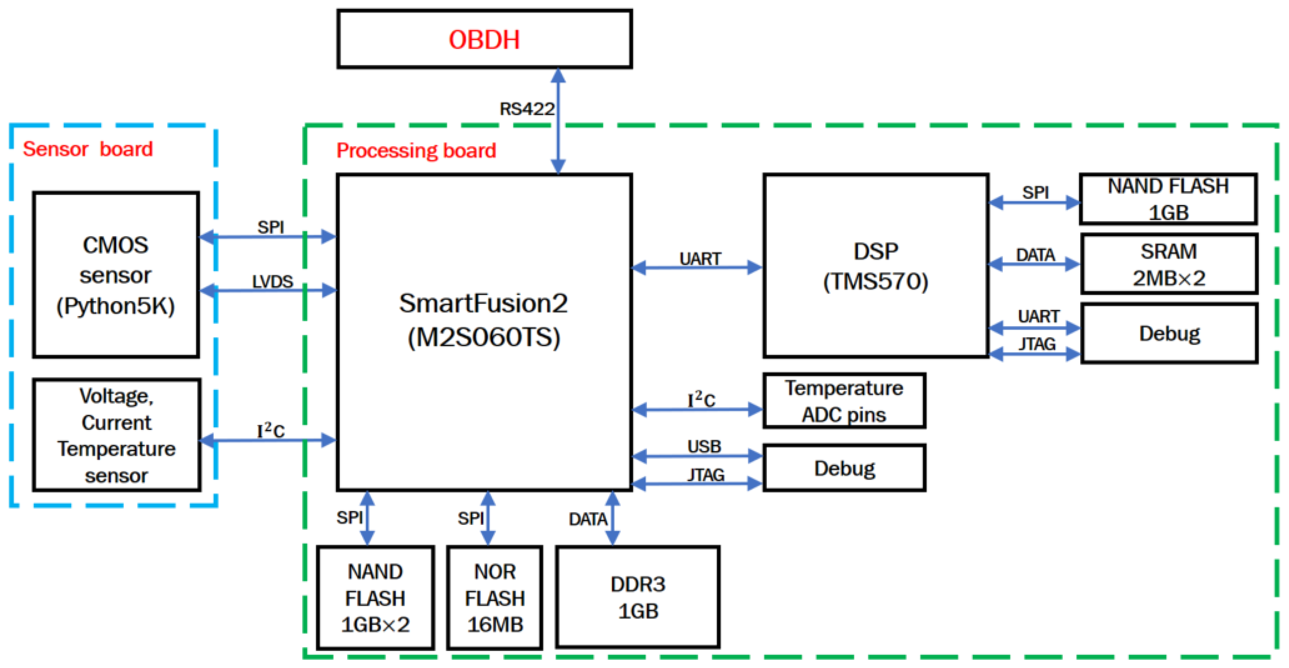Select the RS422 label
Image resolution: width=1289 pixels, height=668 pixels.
526,109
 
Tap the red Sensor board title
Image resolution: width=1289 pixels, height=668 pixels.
88,149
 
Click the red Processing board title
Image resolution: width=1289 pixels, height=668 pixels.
416,151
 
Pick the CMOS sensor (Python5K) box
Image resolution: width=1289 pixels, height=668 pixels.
116,275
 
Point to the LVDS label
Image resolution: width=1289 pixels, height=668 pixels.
272,281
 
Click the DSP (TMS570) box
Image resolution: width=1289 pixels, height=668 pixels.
875,266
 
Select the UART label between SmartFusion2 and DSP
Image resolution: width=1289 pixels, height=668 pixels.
699,258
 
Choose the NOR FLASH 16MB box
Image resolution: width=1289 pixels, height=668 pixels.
495,597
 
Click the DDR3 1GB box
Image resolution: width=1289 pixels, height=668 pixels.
638,597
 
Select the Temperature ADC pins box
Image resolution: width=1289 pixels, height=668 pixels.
844,401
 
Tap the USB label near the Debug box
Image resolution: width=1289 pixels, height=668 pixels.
704,446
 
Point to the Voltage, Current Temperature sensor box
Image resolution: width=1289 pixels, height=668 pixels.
116,435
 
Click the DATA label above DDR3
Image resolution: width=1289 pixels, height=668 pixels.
587,519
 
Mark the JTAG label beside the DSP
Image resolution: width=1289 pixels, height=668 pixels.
1037,344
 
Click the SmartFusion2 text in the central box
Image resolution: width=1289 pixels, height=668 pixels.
483,303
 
